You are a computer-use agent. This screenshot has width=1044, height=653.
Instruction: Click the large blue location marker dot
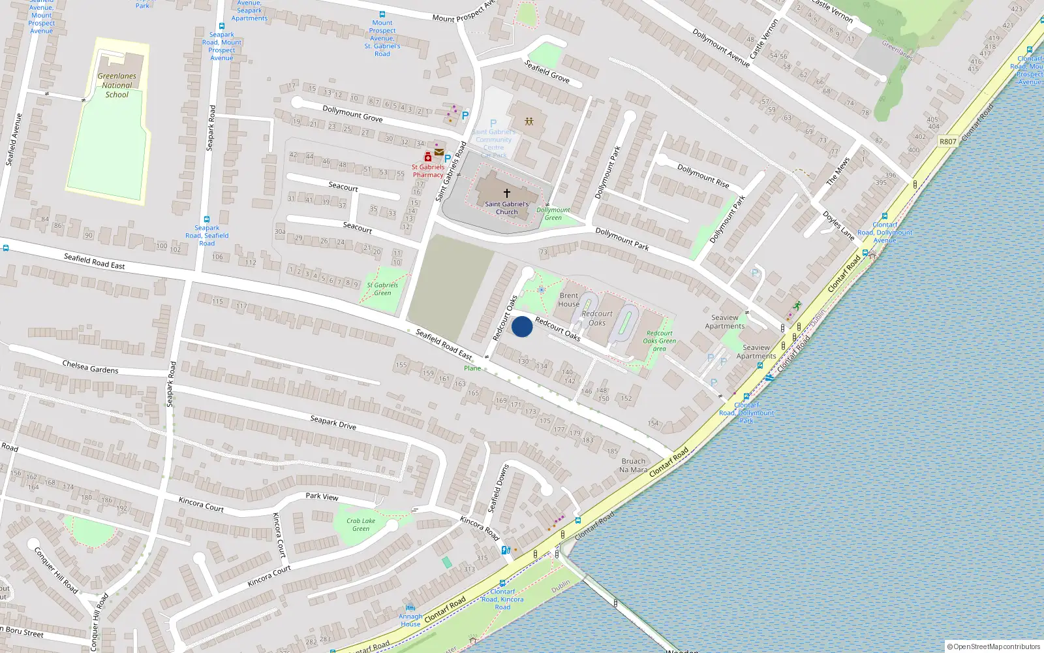click(x=522, y=326)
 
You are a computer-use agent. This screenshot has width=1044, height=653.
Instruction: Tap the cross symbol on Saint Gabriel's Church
click(x=507, y=193)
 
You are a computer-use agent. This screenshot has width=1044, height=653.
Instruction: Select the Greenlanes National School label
click(x=117, y=86)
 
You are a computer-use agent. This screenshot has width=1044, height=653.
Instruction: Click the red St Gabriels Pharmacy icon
click(x=428, y=157)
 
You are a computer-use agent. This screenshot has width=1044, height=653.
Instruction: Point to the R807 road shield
click(x=947, y=141)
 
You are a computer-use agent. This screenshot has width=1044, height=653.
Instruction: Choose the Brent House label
click(x=568, y=300)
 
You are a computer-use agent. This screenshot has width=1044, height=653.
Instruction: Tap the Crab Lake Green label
click(x=361, y=525)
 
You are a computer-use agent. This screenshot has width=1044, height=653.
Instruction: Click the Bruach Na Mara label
click(x=633, y=466)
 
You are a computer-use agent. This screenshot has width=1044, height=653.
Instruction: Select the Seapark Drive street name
click(x=333, y=422)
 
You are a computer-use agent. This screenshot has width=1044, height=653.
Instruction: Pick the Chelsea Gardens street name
click(x=90, y=366)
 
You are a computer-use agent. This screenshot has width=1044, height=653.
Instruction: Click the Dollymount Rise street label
click(x=703, y=176)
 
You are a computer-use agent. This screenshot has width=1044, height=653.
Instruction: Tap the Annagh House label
click(x=410, y=620)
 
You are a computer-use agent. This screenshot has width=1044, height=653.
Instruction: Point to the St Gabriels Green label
click(x=382, y=289)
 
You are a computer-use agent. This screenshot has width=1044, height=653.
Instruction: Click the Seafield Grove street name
click(x=547, y=71)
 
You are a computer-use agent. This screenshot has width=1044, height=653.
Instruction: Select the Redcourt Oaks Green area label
click(x=659, y=341)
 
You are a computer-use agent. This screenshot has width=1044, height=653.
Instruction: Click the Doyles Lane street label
click(x=838, y=225)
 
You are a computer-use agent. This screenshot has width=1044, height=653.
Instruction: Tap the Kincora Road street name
click(x=480, y=528)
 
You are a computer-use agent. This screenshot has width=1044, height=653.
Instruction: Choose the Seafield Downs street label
click(x=499, y=488)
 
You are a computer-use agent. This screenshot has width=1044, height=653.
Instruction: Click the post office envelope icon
click(x=439, y=152)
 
